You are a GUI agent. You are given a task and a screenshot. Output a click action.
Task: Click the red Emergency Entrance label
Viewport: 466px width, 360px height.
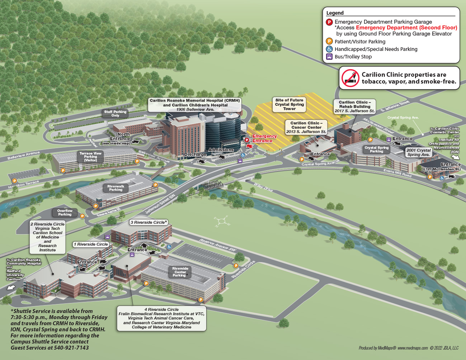264,138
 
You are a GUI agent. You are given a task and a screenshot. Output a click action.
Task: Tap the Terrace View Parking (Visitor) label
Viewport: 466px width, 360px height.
90,157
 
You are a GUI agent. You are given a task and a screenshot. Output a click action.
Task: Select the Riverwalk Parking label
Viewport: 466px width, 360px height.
116,188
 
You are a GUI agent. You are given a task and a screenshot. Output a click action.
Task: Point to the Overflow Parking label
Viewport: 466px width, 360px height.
65,213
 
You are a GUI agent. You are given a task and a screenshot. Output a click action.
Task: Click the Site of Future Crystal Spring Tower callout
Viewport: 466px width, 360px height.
289,104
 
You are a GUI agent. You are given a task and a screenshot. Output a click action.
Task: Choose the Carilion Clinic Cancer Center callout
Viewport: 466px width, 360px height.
306,127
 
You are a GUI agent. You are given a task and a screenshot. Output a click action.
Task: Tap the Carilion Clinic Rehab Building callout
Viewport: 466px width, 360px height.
354,106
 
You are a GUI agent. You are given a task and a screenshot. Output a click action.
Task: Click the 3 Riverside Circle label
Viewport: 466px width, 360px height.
149,222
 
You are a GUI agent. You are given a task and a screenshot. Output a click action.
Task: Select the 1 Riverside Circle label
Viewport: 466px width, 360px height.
91,244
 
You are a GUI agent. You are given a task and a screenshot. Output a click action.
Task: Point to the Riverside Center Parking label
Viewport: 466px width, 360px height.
180,272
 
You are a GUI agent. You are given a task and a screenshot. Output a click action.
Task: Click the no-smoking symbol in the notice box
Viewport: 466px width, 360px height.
350,78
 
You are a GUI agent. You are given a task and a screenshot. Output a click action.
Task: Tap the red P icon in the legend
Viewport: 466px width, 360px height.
329,22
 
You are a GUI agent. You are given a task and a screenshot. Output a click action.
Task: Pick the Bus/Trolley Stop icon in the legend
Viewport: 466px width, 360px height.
329,57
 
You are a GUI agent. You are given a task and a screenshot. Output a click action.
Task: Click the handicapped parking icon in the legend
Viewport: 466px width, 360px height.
329,49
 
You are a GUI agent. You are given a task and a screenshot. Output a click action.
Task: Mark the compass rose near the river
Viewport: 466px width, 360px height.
222,221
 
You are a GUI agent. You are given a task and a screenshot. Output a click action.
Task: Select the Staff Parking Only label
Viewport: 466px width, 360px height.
115,114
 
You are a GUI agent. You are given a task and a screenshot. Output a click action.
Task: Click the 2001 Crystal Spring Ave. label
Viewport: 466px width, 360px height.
418,152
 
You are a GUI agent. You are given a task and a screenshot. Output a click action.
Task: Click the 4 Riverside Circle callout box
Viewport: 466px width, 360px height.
161,318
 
